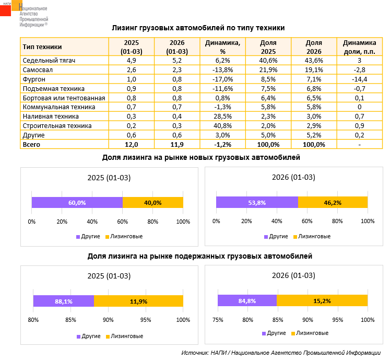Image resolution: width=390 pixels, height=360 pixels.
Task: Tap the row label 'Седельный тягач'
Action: tap(50, 61)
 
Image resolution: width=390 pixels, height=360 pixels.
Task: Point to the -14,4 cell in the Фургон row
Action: tap(359, 79)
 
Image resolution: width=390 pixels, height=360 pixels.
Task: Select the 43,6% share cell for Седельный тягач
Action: tap(314, 61)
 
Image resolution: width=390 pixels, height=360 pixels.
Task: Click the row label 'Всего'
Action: tap(31, 144)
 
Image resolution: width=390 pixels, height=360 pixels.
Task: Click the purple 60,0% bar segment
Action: tap(77, 203)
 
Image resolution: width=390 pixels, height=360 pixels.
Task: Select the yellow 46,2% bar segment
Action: tap(333, 202)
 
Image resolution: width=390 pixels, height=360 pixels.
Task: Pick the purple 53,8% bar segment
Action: tap(257, 202)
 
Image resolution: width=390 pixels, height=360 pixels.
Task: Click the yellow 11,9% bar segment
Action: tap(138, 301)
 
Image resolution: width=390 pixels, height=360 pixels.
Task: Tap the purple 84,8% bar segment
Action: tap(247, 300)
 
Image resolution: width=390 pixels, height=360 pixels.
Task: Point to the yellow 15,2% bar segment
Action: tap(322, 300)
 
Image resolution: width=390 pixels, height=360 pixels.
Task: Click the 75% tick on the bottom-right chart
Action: tap(218, 320)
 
